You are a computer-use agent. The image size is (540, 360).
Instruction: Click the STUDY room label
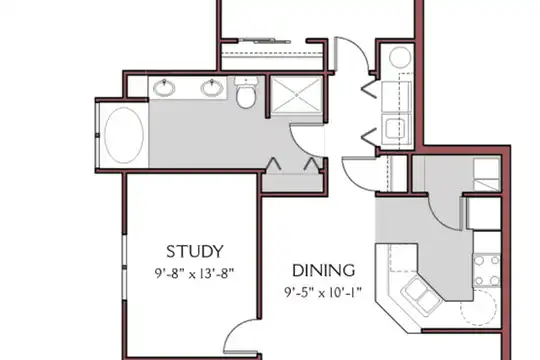click(195, 251)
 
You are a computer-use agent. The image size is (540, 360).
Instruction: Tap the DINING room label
click(323, 271)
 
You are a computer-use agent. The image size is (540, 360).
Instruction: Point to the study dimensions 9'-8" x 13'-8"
click(195, 274)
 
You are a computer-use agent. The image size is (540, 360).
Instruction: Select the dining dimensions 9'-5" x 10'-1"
click(323, 292)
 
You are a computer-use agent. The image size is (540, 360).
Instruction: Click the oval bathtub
click(124, 135)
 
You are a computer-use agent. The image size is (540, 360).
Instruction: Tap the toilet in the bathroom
click(246, 93)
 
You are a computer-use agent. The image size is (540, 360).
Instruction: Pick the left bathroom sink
click(164, 88)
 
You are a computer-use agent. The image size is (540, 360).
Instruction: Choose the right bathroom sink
click(212, 88)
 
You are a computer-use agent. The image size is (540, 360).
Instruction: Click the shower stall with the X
click(297, 95)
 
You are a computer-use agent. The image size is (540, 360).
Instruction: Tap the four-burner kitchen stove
click(487, 270)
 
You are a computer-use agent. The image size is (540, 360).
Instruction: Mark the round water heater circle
click(400, 57)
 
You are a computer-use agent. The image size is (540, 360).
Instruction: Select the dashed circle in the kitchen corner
click(478, 308)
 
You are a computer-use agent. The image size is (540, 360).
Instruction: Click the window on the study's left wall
click(124, 267)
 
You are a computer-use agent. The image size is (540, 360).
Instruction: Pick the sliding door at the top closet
click(265, 41)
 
